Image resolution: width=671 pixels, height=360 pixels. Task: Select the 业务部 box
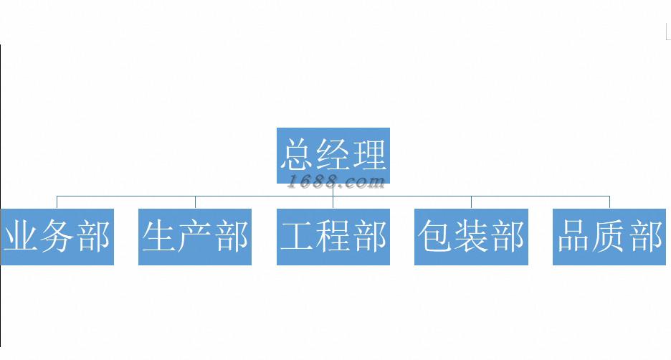57,237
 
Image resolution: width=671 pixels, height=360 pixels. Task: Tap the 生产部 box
195,237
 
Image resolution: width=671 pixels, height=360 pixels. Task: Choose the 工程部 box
333,237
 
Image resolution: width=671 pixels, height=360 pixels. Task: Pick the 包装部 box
471,237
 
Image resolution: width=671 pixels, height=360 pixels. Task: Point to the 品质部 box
610,237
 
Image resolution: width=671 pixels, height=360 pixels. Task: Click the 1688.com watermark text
335,182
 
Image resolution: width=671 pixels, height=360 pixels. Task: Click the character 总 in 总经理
298,153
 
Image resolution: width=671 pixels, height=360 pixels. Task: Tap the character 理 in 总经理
368,153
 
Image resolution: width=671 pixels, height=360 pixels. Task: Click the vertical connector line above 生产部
195,202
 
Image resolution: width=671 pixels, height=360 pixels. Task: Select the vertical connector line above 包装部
471,202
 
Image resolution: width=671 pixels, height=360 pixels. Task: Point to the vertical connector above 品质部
610,202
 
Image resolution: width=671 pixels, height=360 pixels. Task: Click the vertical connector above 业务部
57,202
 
